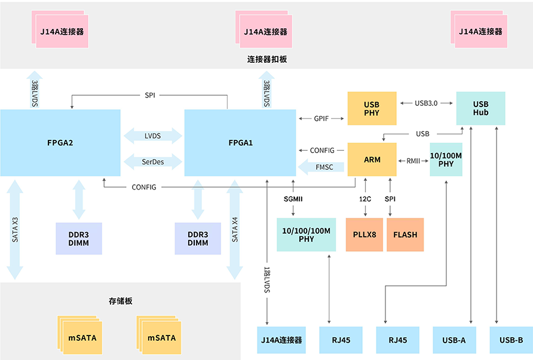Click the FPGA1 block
240,143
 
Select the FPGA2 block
60,143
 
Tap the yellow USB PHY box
372,108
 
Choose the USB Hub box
480,108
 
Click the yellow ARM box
372,160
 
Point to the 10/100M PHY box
446,160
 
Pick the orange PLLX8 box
364,234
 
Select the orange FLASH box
405,234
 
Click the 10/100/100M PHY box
306,234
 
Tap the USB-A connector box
454,340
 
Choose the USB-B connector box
511,340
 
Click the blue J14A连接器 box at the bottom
281,340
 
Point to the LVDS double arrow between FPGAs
152,136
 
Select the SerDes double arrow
152,161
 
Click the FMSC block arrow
320,167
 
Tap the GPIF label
321,118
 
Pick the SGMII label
293,198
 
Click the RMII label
413,160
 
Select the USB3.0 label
426,103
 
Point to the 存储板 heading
120,300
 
